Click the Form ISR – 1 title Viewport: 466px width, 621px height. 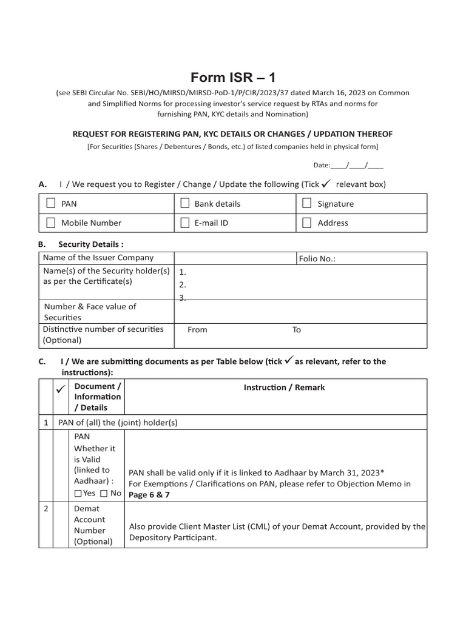click(x=233, y=77)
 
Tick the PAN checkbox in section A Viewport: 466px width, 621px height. click(x=51, y=203)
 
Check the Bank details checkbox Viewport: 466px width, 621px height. click(x=185, y=203)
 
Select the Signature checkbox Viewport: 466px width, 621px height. click(x=307, y=203)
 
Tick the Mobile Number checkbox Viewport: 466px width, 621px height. click(x=51, y=223)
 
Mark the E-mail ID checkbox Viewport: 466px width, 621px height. click(x=185, y=223)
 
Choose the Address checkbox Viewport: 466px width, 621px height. click(x=307, y=223)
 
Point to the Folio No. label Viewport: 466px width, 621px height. click(x=317, y=258)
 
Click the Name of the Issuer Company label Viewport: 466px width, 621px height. click(x=98, y=258)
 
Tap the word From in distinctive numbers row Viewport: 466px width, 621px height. click(x=197, y=330)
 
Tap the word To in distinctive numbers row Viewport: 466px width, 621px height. click(x=297, y=330)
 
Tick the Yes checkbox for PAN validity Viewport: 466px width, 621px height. click(x=78, y=494)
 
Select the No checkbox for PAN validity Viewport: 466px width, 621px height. click(x=104, y=494)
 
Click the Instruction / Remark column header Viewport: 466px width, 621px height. click(x=284, y=388)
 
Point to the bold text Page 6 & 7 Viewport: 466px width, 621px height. click(x=150, y=495)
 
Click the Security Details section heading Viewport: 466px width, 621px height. click(x=90, y=244)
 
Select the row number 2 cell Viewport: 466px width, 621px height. click(x=46, y=509)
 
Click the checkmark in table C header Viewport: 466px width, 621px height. click(x=61, y=388)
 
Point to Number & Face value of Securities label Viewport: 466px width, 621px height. click(x=89, y=312)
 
